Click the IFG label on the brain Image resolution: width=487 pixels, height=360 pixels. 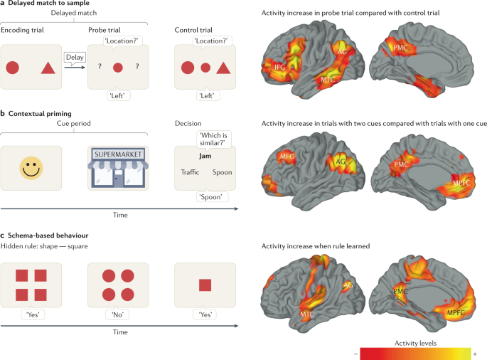pyautogui.click(x=281, y=68)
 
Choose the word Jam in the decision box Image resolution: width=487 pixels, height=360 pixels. pyautogui.click(x=205, y=154)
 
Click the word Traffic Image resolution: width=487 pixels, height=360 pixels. pyautogui.click(x=190, y=172)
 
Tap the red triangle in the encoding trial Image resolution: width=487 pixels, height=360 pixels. pyautogui.click(x=47, y=68)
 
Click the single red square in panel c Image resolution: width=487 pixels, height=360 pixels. pyautogui.click(x=205, y=285)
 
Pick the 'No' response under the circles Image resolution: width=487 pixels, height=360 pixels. pyautogui.click(x=118, y=314)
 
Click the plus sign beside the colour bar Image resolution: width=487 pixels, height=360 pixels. pyautogui.click(x=483, y=353)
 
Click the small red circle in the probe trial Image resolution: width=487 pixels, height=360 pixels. pyautogui.click(x=118, y=68)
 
